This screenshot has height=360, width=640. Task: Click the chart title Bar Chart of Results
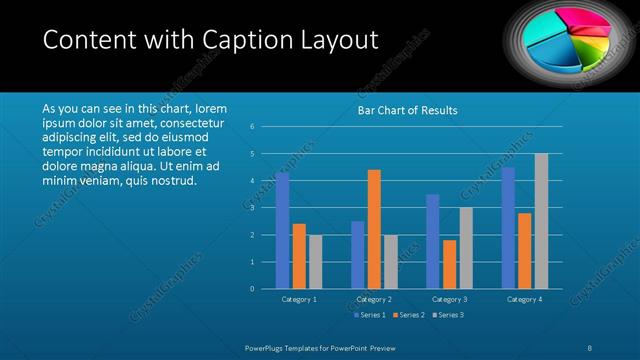click(407, 111)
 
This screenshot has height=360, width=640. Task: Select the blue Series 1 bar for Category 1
click(283, 230)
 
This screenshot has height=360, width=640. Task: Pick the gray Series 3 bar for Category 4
click(541, 221)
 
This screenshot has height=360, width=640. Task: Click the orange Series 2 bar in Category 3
click(449, 264)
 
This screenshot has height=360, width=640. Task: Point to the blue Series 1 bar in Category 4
click(508, 228)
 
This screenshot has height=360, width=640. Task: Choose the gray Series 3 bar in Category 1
click(315, 262)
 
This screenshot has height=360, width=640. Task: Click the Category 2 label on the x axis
click(374, 299)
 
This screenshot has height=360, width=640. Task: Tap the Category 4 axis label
click(524, 299)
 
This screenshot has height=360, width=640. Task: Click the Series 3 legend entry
click(449, 315)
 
